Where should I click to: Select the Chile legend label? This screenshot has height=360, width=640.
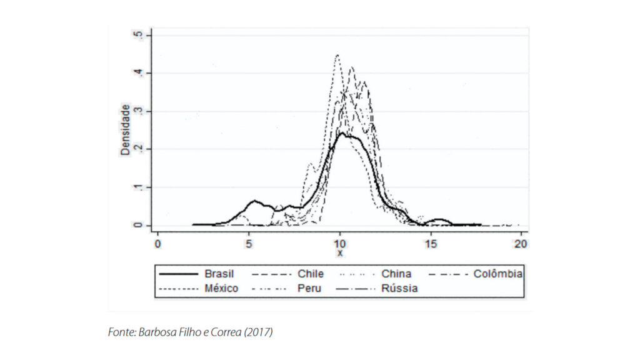click(x=310, y=274)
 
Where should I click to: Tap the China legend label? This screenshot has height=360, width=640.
click(x=396, y=274)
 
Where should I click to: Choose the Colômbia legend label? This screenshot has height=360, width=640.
click(x=498, y=274)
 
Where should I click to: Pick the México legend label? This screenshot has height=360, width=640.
click(x=221, y=289)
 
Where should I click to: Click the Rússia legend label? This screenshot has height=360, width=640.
click(x=399, y=289)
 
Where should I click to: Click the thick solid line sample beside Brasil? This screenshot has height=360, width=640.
click(x=177, y=274)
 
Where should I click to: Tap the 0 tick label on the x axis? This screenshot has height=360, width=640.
click(x=157, y=242)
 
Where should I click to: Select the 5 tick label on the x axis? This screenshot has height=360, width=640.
click(x=249, y=242)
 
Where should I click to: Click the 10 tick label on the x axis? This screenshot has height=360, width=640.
click(x=339, y=242)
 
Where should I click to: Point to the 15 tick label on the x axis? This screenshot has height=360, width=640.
click(x=431, y=242)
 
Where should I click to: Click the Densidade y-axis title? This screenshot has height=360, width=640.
click(x=126, y=130)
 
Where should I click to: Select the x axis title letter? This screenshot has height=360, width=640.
click(x=339, y=253)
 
